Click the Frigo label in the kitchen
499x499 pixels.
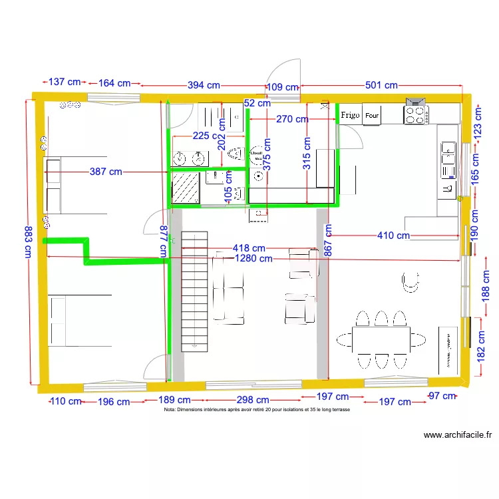(x=350, y=115)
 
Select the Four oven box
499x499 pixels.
(x=371, y=115)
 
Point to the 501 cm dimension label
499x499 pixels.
(x=381, y=86)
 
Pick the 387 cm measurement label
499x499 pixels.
(x=106, y=172)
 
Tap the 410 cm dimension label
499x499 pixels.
(x=393, y=236)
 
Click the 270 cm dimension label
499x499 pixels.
(x=291, y=120)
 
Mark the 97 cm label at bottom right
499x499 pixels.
(x=442, y=397)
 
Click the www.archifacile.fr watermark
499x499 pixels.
(x=458, y=436)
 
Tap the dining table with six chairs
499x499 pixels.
(x=381, y=339)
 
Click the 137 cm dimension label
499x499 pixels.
(x=65, y=83)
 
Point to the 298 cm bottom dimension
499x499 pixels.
(x=253, y=401)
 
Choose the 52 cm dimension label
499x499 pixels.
(x=257, y=103)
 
